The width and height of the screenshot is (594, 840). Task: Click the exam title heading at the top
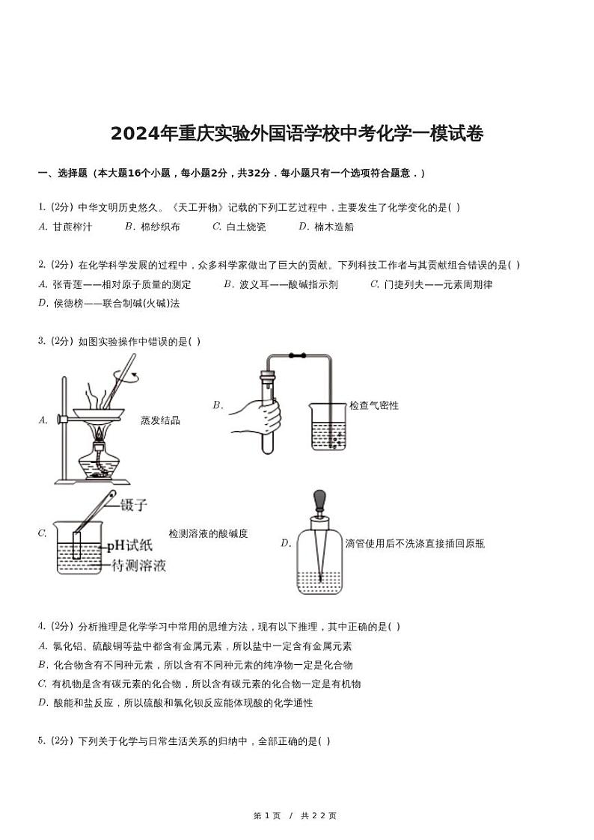(297, 134)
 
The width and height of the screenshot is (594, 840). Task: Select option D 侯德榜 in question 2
(109, 303)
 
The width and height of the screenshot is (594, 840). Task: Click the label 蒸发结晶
(160, 420)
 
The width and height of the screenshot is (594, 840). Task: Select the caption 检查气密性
(374, 405)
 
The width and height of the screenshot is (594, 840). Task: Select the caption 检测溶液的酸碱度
(208, 533)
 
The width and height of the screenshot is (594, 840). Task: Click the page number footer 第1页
(268, 815)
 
